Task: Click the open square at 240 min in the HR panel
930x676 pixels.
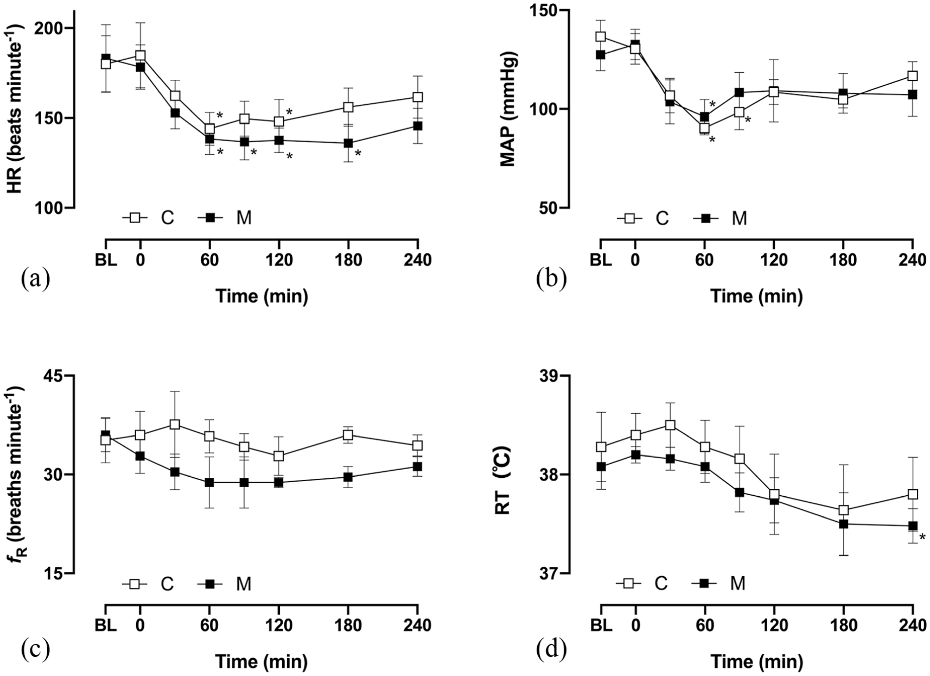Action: (x=418, y=97)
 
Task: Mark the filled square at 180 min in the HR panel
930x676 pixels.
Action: (x=348, y=143)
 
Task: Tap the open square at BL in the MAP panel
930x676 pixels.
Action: (x=600, y=36)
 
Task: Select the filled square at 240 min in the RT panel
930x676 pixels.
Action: (x=913, y=526)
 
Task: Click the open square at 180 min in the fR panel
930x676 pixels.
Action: (x=348, y=435)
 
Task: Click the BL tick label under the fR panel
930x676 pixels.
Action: (x=106, y=626)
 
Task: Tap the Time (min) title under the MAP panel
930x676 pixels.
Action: (x=756, y=296)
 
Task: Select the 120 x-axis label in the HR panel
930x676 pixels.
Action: (x=279, y=261)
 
